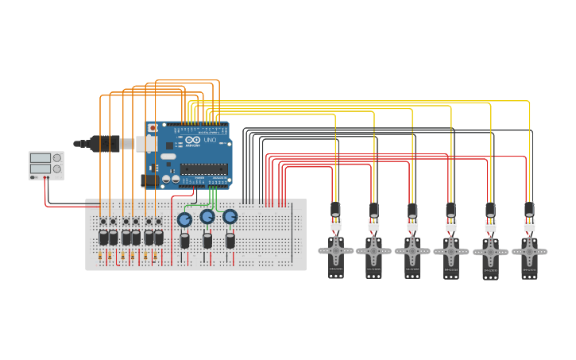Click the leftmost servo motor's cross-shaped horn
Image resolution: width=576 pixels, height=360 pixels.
pos(336,250)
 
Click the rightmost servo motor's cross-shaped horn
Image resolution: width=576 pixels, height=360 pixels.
pos(529,252)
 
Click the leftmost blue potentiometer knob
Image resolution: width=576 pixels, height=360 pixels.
pos(184,219)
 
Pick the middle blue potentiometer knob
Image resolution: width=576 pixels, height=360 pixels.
pos(207,216)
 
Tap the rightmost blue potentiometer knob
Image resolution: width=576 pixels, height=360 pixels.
pos(230,216)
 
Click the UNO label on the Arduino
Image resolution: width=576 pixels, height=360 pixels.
pos(210,140)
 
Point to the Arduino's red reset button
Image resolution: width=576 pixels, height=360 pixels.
pos(153,127)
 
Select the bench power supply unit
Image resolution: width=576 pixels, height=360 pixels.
pos(46,165)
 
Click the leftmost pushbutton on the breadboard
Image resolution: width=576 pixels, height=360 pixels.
pos(103,222)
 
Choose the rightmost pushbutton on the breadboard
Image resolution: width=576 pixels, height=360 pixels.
pos(159,222)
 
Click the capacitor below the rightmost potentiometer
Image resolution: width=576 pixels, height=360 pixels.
pos(230,240)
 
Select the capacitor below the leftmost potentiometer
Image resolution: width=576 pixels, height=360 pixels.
pos(184,240)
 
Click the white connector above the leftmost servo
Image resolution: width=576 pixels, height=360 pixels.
pos(336,225)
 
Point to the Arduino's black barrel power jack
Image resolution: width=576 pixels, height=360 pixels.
pos(149,180)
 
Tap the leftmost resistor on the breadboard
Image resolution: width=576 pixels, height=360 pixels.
pos(100,257)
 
